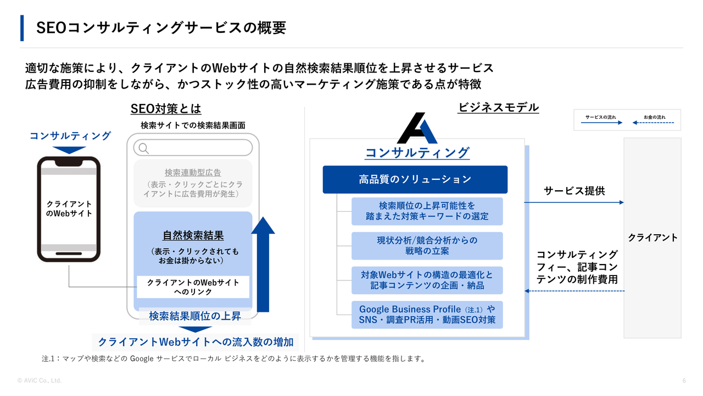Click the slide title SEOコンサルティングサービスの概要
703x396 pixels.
[161, 28]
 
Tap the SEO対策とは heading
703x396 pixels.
[166, 109]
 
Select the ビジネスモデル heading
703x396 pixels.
[498, 107]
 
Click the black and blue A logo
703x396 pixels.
[417, 128]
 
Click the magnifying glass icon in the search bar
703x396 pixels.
[143, 148]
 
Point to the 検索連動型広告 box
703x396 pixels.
[193, 183]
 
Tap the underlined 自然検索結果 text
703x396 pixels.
[193, 235]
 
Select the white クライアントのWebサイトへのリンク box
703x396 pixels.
[193, 287]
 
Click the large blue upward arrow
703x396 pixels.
[263, 264]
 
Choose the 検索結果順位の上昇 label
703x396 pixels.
[195, 316]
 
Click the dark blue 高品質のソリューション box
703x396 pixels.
[415, 179]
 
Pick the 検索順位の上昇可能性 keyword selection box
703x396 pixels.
[427, 211]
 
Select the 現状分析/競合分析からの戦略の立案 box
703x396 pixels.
[427, 246]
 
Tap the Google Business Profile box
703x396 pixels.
[427, 315]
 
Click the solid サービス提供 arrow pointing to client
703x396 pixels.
[574, 202]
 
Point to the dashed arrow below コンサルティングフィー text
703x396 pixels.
[574, 291]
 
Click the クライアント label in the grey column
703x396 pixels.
[652, 238]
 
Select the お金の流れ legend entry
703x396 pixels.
[654, 120]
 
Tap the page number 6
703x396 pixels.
[684, 381]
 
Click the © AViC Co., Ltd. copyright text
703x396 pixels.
[40, 381]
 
